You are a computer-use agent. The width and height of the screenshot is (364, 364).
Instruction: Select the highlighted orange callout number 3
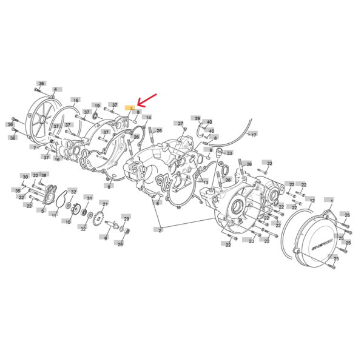click(130, 108)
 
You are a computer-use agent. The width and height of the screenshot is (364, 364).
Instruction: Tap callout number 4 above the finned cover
click(55, 90)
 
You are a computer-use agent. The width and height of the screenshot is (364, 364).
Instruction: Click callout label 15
click(75, 100)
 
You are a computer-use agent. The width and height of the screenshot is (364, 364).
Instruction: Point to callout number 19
click(96, 106)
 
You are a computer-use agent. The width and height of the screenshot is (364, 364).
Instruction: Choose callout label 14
click(149, 117)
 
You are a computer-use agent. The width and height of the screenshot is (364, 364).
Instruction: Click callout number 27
click(180, 123)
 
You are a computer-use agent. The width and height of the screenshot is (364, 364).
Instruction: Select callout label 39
click(197, 118)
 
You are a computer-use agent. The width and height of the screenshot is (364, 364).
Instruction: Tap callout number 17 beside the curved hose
click(254, 134)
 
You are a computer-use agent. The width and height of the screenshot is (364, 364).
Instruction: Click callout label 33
click(229, 153)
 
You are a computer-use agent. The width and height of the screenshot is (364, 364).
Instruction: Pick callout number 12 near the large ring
click(311, 200)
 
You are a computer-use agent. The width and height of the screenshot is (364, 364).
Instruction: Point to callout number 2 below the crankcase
click(160, 230)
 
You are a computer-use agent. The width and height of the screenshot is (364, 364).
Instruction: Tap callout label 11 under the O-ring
click(54, 215)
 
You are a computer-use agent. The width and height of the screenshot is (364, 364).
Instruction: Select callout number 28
click(120, 244)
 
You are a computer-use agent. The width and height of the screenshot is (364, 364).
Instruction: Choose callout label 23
click(251, 241)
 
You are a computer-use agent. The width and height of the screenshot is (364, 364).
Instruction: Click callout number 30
click(25, 177)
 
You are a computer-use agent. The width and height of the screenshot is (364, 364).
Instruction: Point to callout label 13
click(206, 182)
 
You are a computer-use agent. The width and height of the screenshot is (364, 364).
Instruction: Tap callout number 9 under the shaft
click(105, 238)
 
